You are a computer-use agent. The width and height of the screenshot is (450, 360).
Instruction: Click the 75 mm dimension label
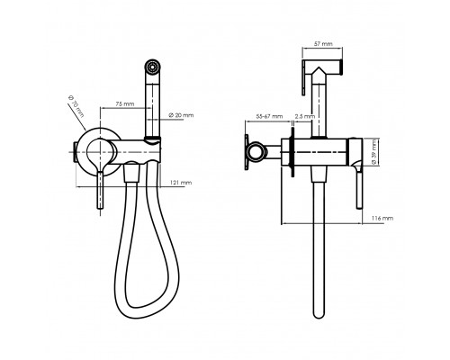125,104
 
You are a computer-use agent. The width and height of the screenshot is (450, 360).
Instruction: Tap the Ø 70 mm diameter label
76,106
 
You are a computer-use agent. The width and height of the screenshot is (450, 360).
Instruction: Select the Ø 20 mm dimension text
181,115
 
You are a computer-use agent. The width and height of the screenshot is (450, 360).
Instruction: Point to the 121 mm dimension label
181,183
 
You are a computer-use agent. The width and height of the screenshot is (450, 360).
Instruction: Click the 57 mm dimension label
323,44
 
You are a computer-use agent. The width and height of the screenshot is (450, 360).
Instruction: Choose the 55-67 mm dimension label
269,116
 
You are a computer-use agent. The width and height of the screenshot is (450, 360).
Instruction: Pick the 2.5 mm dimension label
305,116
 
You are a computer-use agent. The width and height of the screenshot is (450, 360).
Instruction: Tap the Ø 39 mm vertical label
374,152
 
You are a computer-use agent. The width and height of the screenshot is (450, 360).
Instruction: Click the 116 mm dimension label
382,218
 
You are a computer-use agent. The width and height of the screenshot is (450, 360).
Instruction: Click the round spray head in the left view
153,67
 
